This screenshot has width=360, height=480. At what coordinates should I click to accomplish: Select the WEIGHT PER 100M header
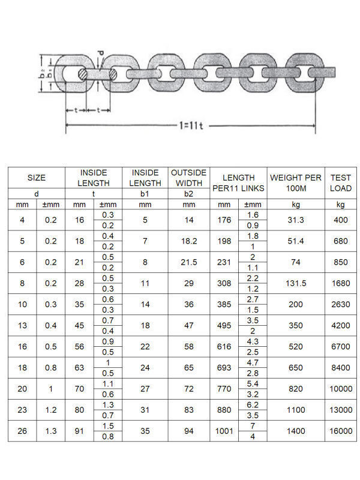[296, 183]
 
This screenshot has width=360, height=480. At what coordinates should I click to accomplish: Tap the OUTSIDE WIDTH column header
[188, 178]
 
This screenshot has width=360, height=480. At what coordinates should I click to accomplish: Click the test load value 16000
[340, 431]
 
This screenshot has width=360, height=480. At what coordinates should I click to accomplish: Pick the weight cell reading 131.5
[296, 283]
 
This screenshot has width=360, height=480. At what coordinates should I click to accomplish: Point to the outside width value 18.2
[188, 241]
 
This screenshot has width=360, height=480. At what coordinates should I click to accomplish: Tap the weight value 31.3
[296, 220]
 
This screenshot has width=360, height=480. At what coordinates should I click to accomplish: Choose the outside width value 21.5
[188, 262]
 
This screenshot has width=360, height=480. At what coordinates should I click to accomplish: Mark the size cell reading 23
[22, 410]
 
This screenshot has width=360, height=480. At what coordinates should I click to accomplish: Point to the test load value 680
[340, 241]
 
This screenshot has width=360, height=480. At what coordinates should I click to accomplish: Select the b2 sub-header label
[188, 194]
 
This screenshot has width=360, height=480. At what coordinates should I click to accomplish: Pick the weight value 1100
[296, 410]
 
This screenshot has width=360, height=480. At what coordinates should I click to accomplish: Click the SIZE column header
[37, 178]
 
